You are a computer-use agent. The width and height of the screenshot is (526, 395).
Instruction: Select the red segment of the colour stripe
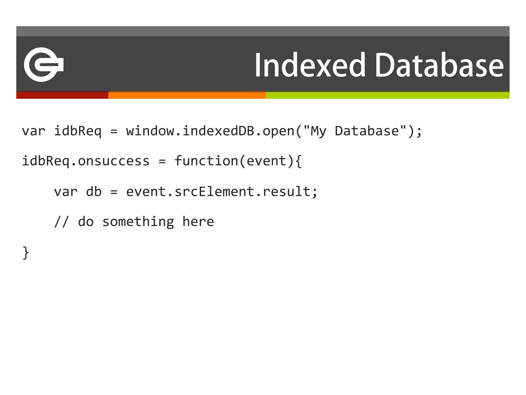click(62, 95)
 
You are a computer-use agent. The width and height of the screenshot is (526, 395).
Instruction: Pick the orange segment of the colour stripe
click(187, 95)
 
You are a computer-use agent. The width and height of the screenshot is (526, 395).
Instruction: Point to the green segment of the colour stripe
click(388, 95)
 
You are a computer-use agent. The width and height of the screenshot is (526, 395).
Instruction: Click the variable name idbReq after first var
click(78, 131)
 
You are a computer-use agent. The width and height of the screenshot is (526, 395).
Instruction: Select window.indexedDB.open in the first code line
click(210, 131)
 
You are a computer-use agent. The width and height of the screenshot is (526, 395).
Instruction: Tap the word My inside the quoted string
click(318, 131)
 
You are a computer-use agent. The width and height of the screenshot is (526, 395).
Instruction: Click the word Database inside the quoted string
click(367, 131)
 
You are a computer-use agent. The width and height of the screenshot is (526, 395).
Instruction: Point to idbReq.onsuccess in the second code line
click(86, 161)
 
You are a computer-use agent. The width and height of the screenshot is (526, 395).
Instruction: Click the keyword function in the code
click(206, 161)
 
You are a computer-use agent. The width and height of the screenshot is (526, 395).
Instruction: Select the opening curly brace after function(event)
click(298, 161)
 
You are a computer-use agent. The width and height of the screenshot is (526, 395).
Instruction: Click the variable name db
click(94, 192)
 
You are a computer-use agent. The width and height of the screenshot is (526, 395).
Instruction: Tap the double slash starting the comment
click(62, 222)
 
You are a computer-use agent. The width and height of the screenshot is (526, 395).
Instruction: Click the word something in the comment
click(138, 222)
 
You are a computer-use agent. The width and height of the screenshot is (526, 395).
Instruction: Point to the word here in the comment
click(198, 222)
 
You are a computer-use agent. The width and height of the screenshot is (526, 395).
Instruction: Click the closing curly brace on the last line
click(26, 253)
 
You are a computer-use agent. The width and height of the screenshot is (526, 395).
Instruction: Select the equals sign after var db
click(114, 192)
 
